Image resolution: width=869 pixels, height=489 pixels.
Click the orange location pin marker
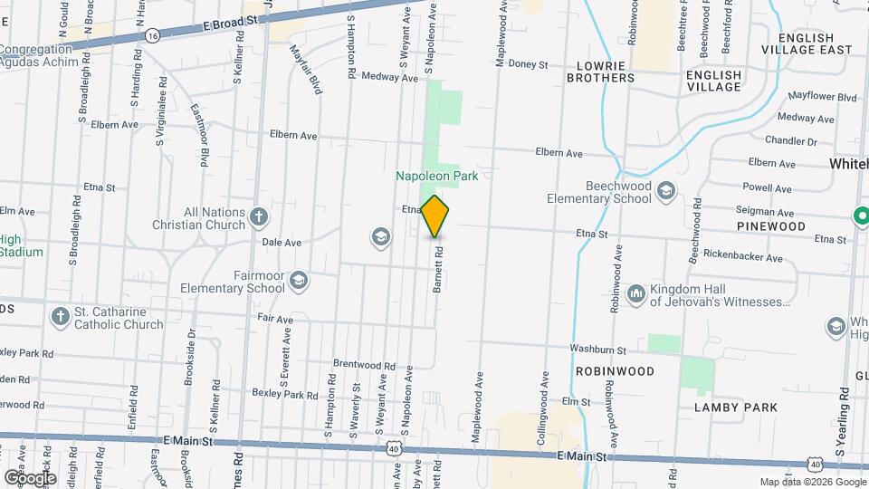[x=435, y=216]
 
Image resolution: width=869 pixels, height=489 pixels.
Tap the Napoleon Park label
[x=436, y=176]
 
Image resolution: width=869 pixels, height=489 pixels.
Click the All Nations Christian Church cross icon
[x=259, y=216]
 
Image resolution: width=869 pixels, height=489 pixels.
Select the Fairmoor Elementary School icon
[x=299, y=282]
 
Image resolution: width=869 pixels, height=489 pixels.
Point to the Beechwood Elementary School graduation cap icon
[x=666, y=190]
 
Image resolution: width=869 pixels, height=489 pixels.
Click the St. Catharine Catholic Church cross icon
[x=60, y=316]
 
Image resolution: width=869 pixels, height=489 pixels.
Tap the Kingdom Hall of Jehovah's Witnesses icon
[x=635, y=293]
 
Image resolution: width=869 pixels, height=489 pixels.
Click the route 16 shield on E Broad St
[x=152, y=35]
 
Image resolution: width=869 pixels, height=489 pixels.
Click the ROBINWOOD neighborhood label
[x=615, y=371]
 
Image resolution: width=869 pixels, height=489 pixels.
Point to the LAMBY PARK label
[x=736, y=407]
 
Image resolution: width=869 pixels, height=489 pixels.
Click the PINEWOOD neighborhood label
[x=770, y=225]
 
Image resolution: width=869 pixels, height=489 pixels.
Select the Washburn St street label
[x=597, y=349]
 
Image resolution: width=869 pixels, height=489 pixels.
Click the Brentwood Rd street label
[x=364, y=365]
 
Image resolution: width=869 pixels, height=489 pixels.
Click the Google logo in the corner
[x=30, y=477]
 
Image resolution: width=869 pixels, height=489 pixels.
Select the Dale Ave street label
[x=281, y=243]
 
